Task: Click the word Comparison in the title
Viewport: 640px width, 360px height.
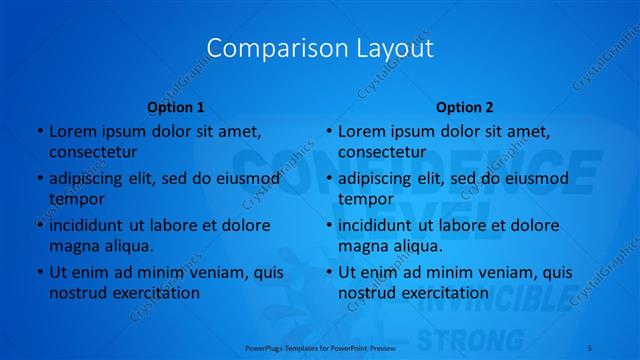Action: [265, 48]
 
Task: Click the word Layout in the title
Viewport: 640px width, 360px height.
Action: [385, 48]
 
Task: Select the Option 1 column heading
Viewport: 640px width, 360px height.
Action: [176, 107]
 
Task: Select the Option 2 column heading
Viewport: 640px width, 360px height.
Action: [465, 107]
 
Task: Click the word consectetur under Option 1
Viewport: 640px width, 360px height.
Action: [93, 152]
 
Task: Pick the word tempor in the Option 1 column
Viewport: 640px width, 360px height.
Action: [77, 198]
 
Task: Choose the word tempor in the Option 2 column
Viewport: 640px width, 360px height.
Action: [366, 198]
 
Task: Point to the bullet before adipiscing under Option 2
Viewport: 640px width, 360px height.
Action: [329, 179]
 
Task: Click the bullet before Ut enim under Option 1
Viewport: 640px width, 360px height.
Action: [40, 272]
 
